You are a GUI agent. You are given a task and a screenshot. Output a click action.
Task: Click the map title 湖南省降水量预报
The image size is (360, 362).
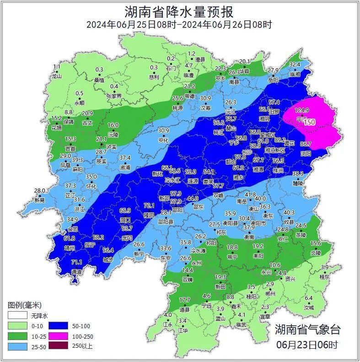179,11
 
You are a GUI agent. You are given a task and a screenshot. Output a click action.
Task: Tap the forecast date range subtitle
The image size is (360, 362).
179,25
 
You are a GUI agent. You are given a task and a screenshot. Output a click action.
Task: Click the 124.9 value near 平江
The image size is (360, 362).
302,110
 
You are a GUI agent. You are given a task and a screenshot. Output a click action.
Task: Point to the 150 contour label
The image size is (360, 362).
309,122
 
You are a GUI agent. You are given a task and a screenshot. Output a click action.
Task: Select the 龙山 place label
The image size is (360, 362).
56,76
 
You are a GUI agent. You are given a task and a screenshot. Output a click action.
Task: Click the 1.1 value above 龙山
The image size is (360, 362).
57,67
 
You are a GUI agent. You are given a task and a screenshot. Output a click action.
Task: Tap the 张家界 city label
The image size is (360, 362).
114,96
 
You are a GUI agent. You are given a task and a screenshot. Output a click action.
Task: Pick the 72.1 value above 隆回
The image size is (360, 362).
149,206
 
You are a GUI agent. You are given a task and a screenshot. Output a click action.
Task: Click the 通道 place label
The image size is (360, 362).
77,272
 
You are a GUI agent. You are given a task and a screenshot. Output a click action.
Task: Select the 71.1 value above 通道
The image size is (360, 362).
77,262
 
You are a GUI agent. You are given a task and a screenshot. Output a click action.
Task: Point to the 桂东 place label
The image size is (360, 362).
324,277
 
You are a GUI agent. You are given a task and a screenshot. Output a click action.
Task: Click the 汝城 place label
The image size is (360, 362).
309,308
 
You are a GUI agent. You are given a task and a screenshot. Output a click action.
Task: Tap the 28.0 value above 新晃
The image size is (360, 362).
40,191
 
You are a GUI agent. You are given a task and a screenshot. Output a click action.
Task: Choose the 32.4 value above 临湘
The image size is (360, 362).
295,65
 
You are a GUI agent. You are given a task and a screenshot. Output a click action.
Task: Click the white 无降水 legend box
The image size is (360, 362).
17,316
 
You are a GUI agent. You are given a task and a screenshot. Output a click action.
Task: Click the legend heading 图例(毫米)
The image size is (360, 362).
25,305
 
